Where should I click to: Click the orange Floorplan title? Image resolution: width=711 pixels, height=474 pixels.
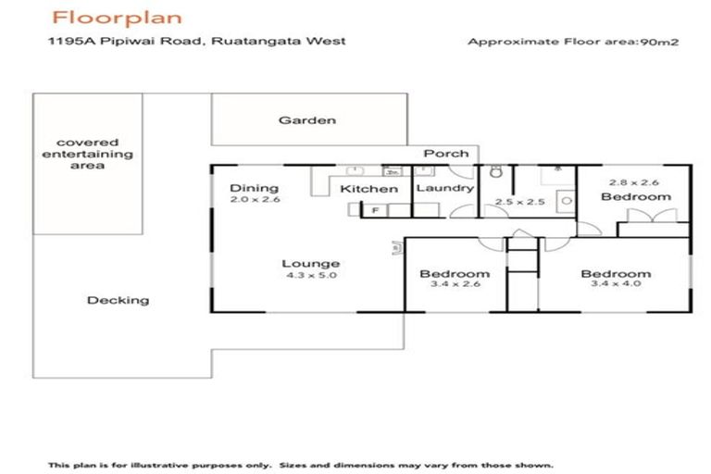click(x=117, y=18)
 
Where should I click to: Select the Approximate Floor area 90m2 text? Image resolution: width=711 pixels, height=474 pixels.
click(x=574, y=42)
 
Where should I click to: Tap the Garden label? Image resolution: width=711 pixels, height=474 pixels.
click(x=307, y=120)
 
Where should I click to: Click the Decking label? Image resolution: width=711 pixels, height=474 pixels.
click(x=118, y=300)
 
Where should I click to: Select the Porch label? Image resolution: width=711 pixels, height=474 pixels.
click(x=446, y=154)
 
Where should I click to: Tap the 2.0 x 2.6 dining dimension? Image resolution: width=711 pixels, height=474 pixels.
click(x=255, y=200)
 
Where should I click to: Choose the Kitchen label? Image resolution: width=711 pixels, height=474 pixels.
click(x=369, y=189)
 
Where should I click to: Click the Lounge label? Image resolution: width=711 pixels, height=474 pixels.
click(x=311, y=264)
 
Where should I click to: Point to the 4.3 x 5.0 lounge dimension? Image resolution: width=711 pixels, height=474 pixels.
click(x=311, y=276)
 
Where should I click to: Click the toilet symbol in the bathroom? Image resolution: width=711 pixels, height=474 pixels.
click(x=496, y=172)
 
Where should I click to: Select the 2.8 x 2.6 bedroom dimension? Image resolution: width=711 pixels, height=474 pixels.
click(x=635, y=184)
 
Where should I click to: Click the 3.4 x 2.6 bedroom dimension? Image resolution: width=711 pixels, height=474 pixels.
click(x=454, y=286)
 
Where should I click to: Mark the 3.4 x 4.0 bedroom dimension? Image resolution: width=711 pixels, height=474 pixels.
click(x=616, y=286)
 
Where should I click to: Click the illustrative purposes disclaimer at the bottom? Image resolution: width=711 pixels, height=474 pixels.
click(x=301, y=465)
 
